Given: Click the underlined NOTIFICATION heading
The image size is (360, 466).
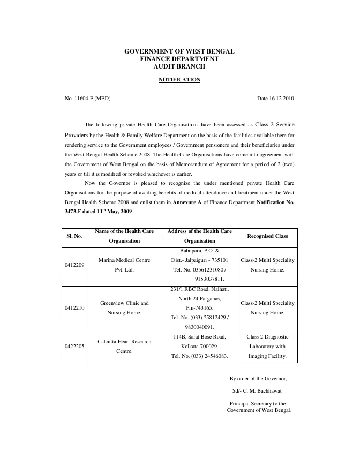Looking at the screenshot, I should point(179,80).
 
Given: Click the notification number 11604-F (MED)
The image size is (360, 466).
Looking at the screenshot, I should point(88,99).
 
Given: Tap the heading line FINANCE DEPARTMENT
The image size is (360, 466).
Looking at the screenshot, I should point(179,59).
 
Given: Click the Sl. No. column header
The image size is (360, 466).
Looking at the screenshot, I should point(74,236).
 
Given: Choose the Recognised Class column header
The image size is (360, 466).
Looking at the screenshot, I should point(267,236).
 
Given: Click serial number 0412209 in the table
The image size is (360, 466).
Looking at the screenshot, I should point(74,265).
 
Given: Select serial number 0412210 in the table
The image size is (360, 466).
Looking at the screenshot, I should point(74,308).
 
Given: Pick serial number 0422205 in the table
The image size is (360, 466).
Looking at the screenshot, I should point(74,346).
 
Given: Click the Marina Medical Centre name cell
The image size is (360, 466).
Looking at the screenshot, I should point(124,265).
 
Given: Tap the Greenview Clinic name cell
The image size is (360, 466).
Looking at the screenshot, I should point(124,308).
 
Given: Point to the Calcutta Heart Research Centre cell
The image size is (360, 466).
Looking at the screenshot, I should point(124,346).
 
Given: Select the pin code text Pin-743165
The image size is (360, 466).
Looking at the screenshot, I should point(199,308).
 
